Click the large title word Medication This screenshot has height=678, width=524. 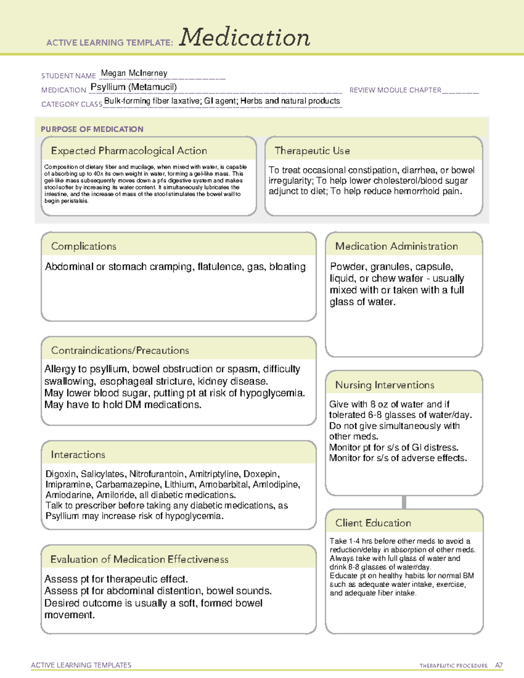(245, 38)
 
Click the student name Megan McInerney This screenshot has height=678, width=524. (134, 73)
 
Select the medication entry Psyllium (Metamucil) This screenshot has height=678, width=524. (134, 87)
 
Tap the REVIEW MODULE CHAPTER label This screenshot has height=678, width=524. (395, 90)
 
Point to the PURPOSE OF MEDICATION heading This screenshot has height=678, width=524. (92, 129)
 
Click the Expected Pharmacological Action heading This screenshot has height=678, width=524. (129, 151)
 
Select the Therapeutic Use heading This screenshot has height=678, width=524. (312, 151)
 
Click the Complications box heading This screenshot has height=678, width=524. (84, 246)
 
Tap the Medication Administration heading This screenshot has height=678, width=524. (396, 246)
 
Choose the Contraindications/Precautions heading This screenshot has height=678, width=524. (120, 350)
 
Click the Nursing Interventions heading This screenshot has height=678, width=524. (385, 385)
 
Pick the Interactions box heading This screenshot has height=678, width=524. (78, 454)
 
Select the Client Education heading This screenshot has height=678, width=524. (373, 523)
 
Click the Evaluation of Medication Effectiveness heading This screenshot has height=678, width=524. (139, 559)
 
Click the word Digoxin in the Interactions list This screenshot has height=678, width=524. (61, 474)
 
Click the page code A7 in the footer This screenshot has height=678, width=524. (498, 665)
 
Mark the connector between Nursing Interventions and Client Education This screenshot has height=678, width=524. (404, 502)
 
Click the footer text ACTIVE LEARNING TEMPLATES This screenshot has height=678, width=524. (81, 665)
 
